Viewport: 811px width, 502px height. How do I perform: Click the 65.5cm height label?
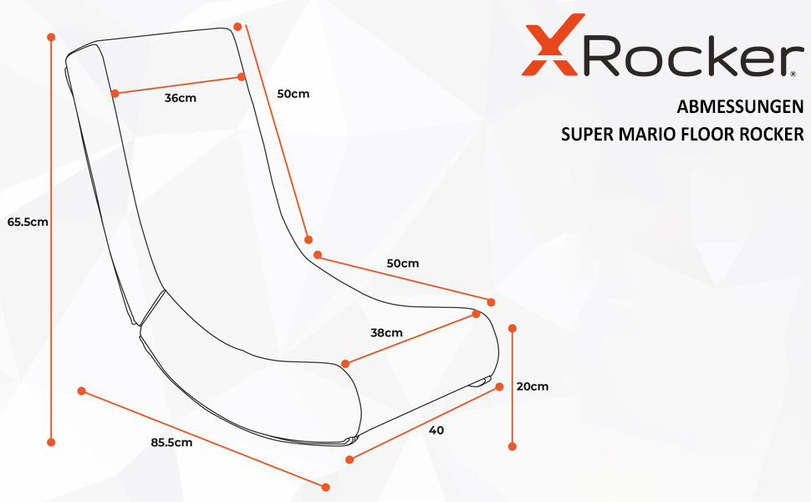pos(28,223)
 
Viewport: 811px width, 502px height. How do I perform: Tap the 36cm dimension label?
pos(180,98)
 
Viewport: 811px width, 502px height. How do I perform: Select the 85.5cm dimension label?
pos(171,443)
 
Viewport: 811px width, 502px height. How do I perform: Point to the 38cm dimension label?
pos(386,332)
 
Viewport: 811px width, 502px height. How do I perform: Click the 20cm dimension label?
pos(533,387)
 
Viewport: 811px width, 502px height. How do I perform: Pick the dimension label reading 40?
pos(436,430)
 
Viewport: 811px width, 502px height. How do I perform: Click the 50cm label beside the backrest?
pos(293,94)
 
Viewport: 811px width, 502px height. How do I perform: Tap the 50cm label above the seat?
pos(402,264)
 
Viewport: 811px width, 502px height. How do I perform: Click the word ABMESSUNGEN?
pos(740,107)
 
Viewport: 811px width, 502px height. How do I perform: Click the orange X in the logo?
pos(548,50)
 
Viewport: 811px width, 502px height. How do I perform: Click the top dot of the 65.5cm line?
pos(51,38)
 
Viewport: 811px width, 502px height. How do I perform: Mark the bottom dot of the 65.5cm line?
pos(51,442)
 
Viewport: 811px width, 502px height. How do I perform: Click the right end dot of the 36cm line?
pos(242,77)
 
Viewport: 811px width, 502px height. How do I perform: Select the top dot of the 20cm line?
pos(513,329)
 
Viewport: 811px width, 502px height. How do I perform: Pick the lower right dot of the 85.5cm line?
pos(326,487)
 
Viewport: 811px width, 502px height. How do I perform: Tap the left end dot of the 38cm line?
pos(345,364)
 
